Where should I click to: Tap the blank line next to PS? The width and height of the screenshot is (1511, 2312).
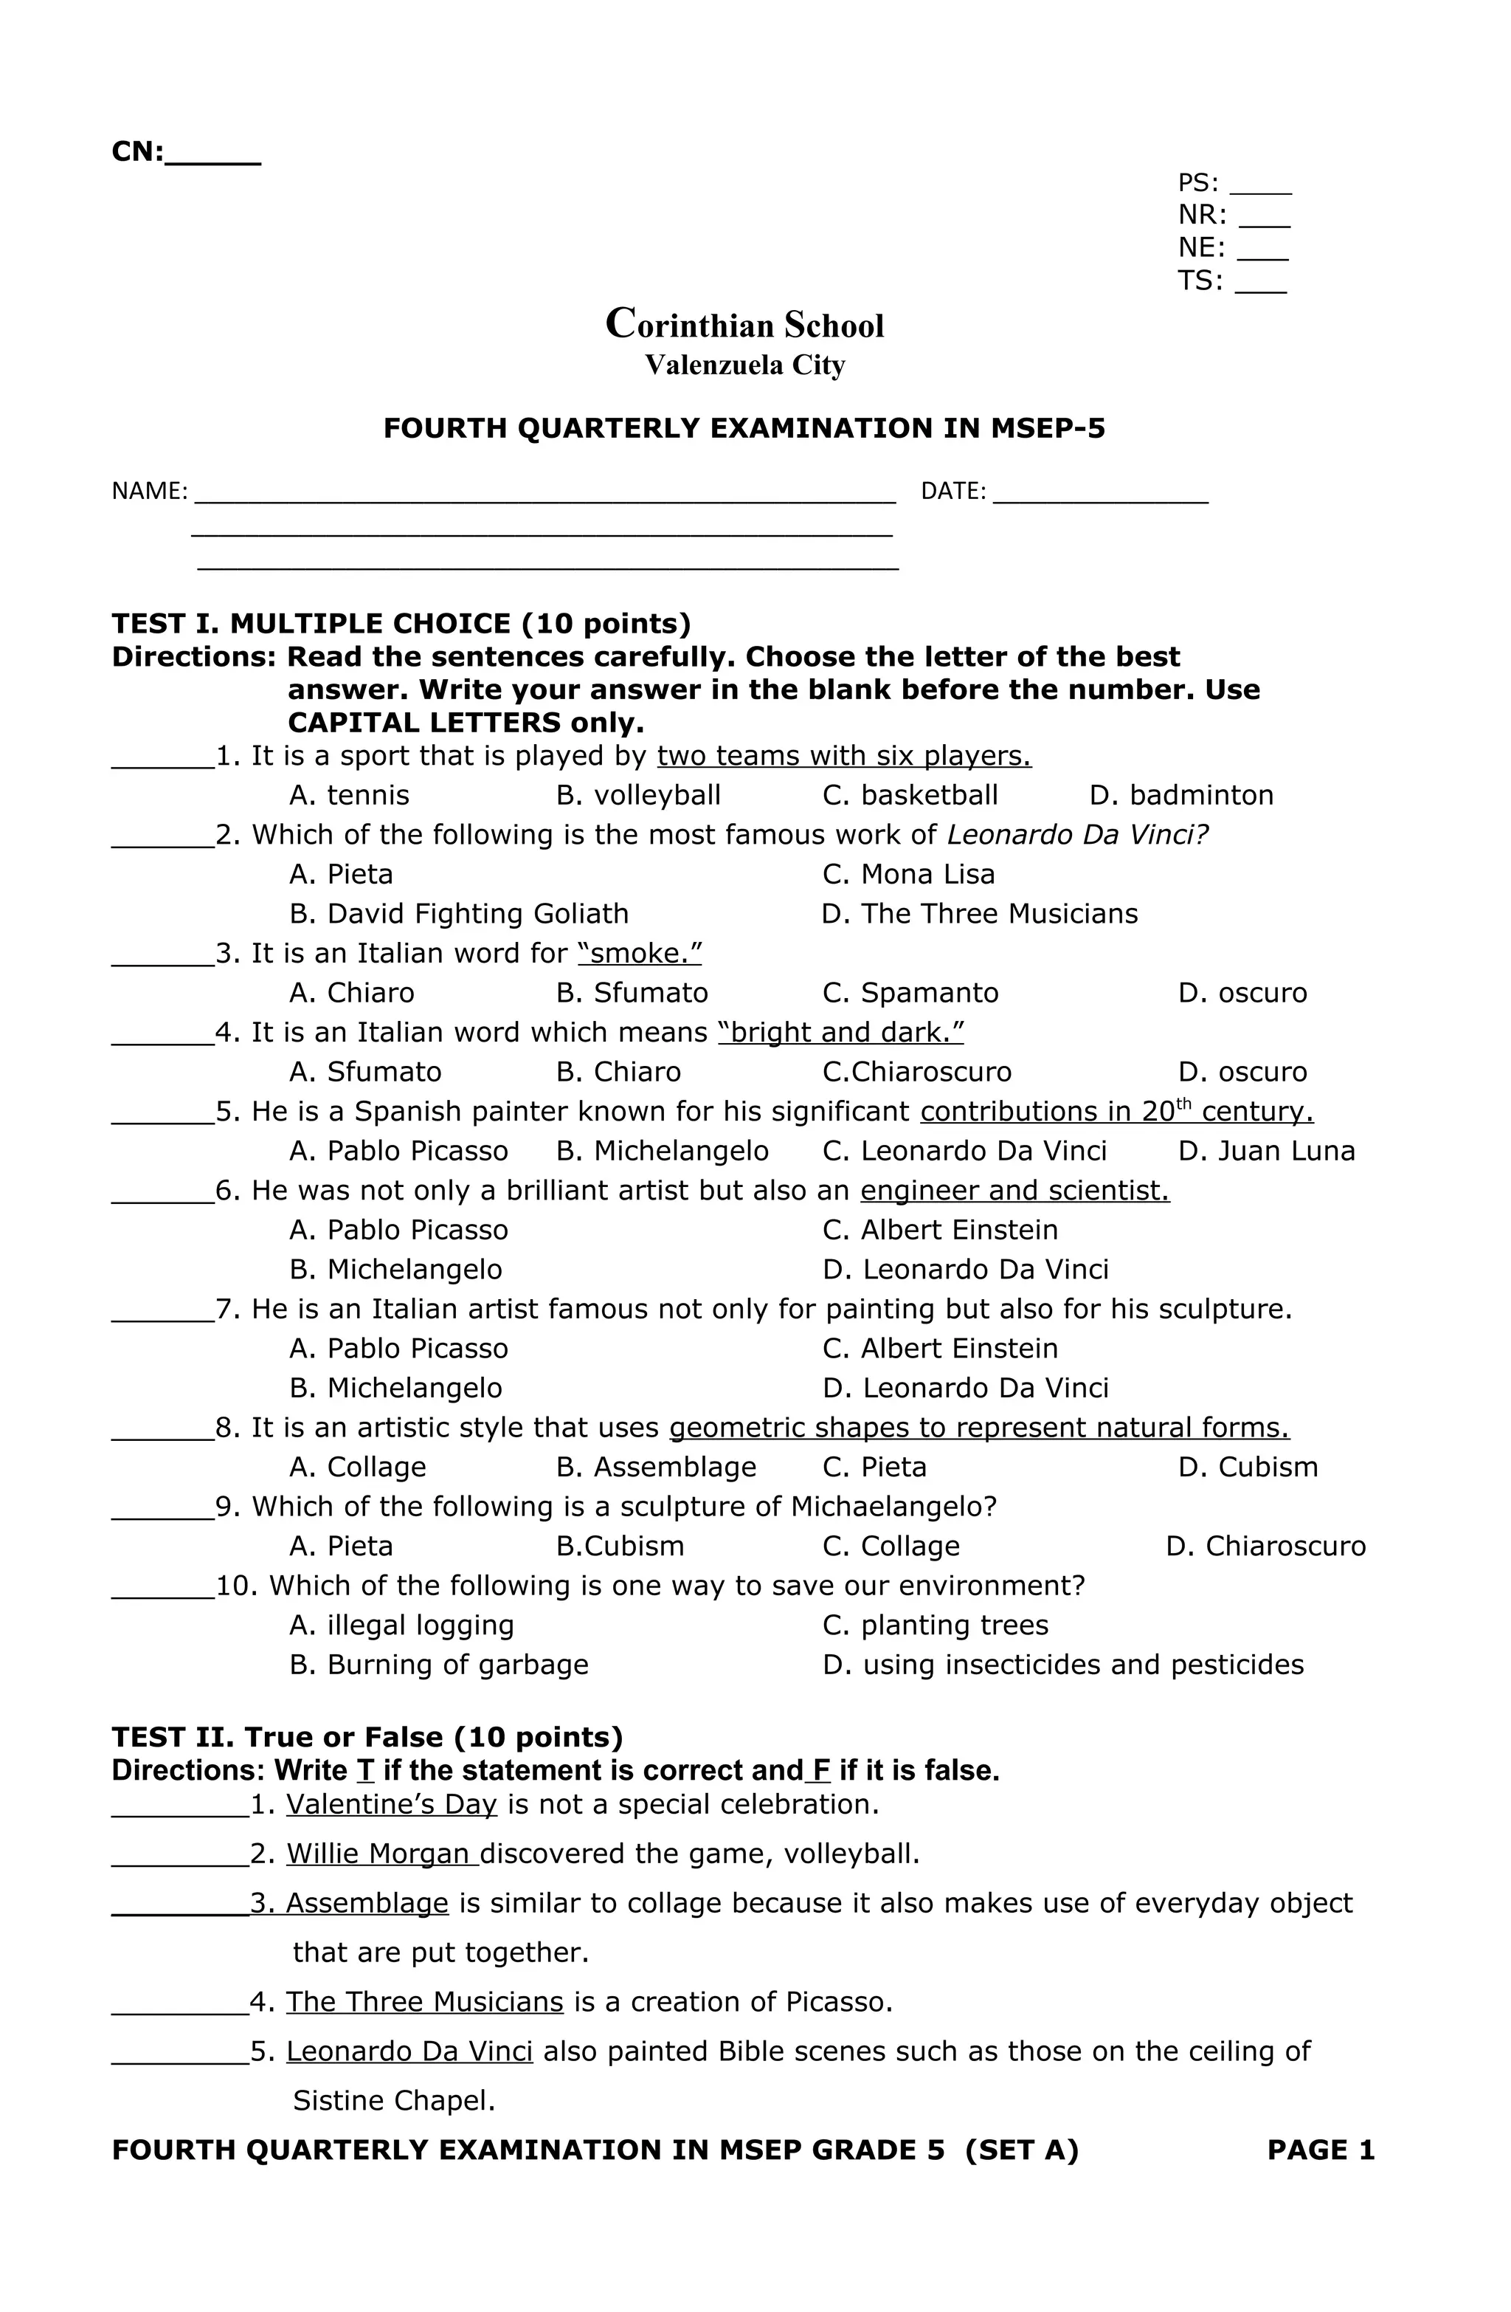point(1259,185)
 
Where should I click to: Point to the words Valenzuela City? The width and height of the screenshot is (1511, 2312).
point(745,365)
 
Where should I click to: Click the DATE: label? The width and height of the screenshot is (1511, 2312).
point(952,492)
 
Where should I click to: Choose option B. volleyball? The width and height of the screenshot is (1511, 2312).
point(638,796)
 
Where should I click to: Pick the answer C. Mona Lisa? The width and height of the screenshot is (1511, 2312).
point(908,874)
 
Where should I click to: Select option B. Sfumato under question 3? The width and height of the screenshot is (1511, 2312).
point(632,993)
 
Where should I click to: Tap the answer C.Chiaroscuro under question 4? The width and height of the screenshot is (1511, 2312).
point(916,1072)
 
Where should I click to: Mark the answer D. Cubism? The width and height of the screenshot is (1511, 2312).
point(1248,1467)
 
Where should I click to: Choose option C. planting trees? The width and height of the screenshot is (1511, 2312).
point(935,1625)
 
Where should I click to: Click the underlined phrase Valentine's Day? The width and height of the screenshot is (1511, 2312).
point(391,1805)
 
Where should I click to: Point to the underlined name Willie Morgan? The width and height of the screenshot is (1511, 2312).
point(381,1854)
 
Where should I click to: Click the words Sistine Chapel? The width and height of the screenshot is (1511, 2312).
point(394,2101)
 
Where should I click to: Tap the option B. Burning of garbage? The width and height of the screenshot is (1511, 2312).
point(439,1665)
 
